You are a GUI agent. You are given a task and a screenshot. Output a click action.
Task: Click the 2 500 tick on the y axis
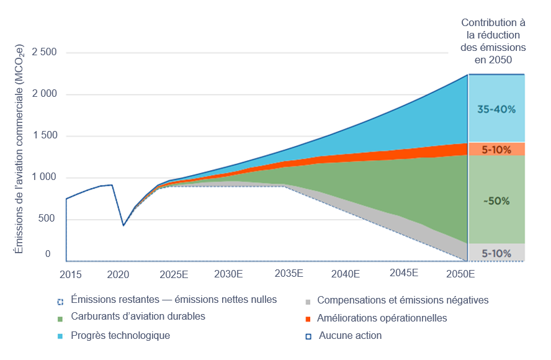pyautogui.click(x=43, y=53)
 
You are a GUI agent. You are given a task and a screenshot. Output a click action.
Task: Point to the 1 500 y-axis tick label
pyautogui.click(x=43, y=137)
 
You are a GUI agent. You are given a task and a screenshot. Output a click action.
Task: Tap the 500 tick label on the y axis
pyautogui.click(x=47, y=220)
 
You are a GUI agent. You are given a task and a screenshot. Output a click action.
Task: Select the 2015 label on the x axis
pyautogui.click(x=70, y=274)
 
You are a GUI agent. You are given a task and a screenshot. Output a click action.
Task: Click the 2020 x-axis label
pyautogui.click(x=118, y=274)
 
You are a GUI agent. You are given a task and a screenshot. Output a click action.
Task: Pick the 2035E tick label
pyautogui.click(x=289, y=274)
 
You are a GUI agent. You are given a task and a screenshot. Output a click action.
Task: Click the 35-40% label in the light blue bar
pyautogui.click(x=496, y=109)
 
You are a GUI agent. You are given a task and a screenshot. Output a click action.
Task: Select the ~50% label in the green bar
pyautogui.click(x=496, y=201)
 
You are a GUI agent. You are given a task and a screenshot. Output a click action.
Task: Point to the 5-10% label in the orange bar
pyautogui.click(x=496, y=150)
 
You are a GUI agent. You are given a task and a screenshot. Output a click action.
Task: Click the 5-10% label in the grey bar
pyautogui.click(x=496, y=253)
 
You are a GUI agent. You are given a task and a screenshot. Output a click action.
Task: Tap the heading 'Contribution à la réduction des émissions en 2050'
pyautogui.click(x=493, y=42)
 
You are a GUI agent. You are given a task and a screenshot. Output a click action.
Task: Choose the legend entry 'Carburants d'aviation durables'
pyautogui.click(x=138, y=317)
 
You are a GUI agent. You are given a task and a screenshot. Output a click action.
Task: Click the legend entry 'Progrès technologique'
pyautogui.click(x=120, y=336)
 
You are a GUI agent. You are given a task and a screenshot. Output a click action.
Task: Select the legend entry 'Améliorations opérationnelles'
pyautogui.click(x=382, y=318)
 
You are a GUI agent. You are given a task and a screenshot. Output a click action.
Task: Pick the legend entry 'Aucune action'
pyautogui.click(x=350, y=336)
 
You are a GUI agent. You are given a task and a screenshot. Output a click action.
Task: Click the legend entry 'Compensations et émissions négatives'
pyautogui.click(x=403, y=300)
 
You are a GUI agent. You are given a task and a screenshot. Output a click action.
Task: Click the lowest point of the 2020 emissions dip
pyautogui.click(x=123, y=225)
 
